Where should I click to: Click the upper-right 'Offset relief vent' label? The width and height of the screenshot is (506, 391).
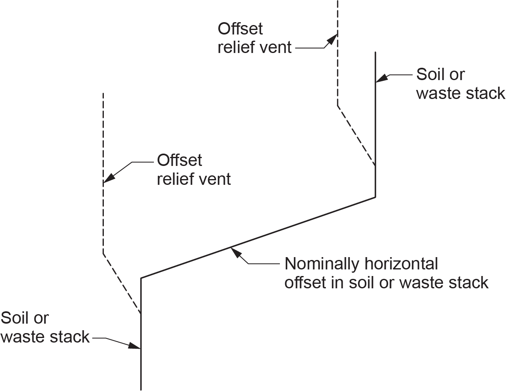point(254,38)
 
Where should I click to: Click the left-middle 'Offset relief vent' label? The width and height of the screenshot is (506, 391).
point(194,170)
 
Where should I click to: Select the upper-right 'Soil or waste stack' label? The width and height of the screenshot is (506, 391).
point(460,84)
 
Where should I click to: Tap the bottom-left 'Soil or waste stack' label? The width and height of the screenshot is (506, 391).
point(45,327)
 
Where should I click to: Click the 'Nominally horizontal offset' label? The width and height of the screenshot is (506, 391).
point(386,273)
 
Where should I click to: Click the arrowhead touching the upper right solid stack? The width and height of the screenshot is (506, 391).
point(381,78)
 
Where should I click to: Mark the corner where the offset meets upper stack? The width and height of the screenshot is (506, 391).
point(375,197)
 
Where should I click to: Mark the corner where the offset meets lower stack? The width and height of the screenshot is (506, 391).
point(141,278)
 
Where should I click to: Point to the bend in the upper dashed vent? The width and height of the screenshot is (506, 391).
point(338,106)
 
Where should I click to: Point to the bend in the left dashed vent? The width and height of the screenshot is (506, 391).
point(103,253)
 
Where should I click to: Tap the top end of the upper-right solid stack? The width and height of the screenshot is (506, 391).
point(375,52)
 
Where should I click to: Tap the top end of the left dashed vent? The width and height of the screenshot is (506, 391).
point(103,93)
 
